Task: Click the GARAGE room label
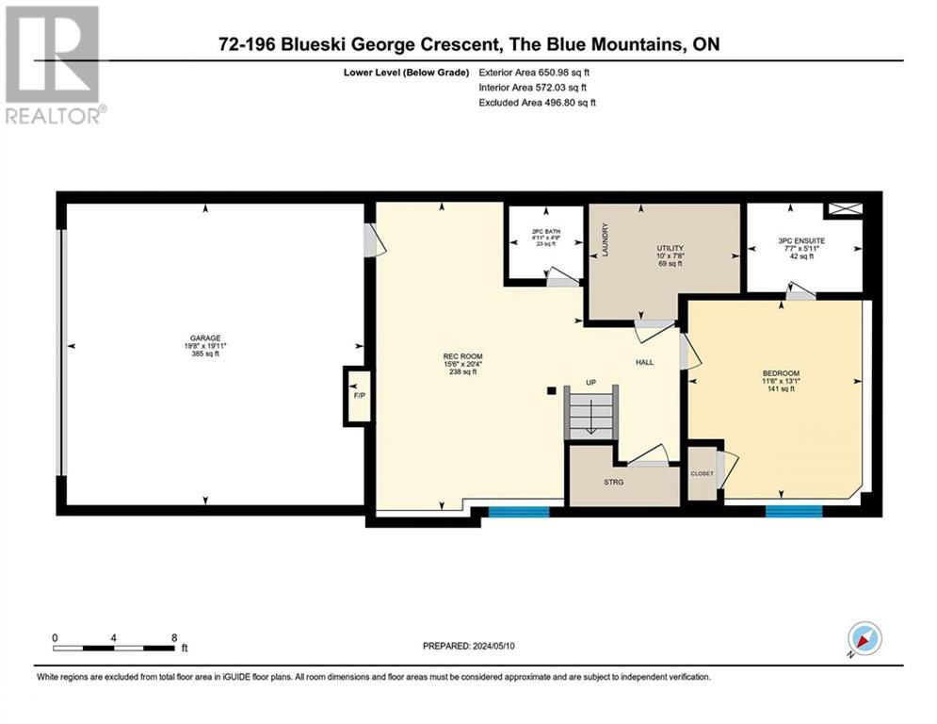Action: point(205,338)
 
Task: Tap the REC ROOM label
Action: point(462,356)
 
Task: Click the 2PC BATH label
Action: point(546,232)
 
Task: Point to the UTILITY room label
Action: point(670,248)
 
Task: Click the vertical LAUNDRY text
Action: point(605,240)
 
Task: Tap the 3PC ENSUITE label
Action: point(801,240)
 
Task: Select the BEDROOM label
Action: point(781,373)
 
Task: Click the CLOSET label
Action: point(703,473)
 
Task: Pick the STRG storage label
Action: point(614,482)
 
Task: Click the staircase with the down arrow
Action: point(591,412)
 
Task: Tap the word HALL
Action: point(645,362)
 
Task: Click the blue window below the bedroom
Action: point(794,512)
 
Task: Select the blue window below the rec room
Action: point(519,512)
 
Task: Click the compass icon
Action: point(864,638)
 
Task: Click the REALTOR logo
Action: point(55,65)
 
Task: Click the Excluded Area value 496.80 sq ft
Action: point(570,103)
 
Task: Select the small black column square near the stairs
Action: point(552,390)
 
